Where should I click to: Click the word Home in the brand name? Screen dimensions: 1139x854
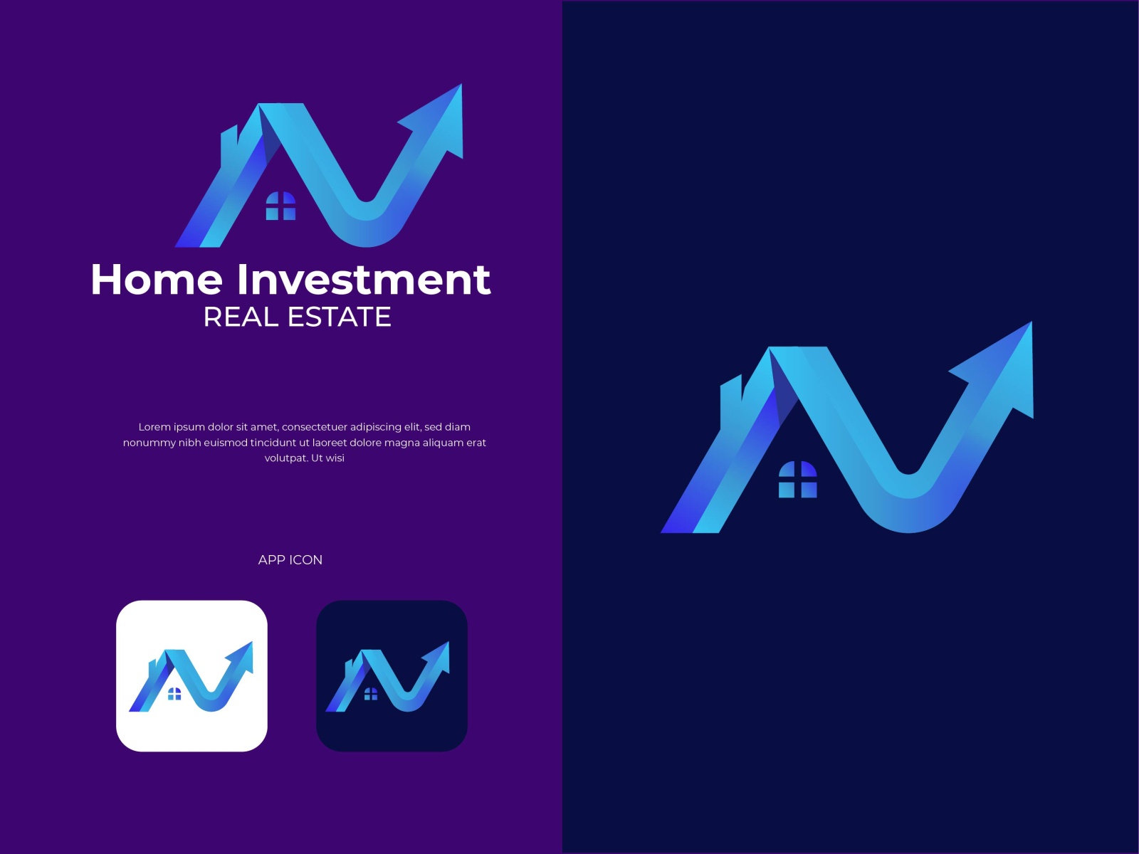pos(157,280)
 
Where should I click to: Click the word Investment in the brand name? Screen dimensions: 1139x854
pos(364,280)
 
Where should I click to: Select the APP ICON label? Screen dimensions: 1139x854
pos(290,560)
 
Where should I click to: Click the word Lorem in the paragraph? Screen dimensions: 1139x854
pos(154,427)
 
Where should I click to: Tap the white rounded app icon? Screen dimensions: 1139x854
pos(192,675)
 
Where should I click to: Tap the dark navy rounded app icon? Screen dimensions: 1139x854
pos(392,675)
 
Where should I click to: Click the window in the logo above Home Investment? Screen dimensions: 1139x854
pos(280,206)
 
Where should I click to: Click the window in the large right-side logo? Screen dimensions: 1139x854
pos(797,479)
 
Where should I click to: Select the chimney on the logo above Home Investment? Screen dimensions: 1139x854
pos(229,145)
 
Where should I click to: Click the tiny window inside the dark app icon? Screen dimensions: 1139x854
pos(370,694)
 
